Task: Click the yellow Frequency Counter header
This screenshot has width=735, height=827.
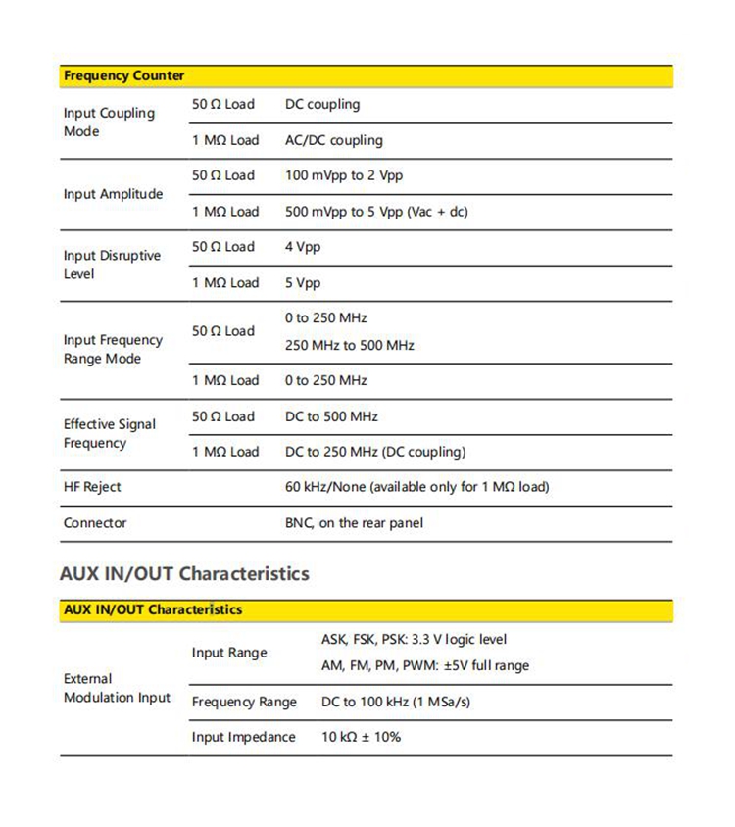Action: coord(123,75)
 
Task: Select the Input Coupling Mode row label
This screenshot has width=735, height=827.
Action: coord(109,122)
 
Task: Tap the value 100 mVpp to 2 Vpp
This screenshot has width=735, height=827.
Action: coord(343,175)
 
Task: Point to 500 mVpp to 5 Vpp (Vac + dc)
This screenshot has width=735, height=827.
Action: coord(376,211)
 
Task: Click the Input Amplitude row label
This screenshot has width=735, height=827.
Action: coord(113,194)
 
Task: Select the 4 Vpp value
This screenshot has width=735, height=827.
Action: coord(302,247)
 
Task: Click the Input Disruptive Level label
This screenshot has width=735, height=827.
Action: coord(111,265)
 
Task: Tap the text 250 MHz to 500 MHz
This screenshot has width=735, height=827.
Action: coord(349,345)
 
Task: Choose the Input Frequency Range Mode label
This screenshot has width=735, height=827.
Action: coord(113,349)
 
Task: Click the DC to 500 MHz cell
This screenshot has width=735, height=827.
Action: coord(331,416)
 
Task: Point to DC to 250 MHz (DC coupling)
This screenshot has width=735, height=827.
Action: coord(374,452)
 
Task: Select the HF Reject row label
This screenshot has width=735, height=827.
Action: coord(92,487)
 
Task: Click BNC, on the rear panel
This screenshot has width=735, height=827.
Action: coord(354,523)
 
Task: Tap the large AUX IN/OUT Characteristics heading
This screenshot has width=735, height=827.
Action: coord(184,573)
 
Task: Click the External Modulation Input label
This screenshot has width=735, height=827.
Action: coord(116,688)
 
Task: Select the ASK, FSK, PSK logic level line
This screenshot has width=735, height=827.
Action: coord(414,640)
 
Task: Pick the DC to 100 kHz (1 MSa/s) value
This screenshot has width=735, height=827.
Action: coord(399,702)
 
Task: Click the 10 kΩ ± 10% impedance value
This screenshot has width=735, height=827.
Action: coord(361,737)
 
